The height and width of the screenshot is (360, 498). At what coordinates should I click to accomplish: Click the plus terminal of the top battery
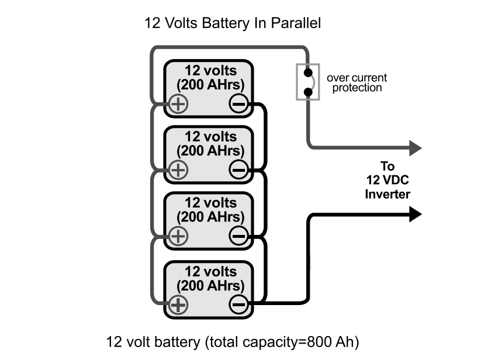coord(178,104)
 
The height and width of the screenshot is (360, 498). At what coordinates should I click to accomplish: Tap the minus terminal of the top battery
coord(238,104)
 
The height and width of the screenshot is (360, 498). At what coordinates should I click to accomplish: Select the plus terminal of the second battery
coord(178,170)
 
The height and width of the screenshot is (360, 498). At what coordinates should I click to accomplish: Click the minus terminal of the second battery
coord(238,170)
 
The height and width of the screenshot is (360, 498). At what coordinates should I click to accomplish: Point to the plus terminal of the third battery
coord(178,236)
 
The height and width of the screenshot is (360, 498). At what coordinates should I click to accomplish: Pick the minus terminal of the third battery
coord(238,236)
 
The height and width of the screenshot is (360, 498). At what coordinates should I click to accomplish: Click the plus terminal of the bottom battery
coord(178,304)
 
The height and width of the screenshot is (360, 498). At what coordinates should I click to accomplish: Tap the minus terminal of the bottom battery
coord(238,304)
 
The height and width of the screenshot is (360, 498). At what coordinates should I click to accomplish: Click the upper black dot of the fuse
coord(307,73)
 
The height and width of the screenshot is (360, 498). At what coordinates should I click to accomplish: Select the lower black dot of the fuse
coord(307,92)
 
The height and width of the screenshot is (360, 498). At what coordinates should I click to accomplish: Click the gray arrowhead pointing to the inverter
coord(415,147)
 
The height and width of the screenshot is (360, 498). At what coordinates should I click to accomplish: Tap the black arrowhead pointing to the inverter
coord(415,214)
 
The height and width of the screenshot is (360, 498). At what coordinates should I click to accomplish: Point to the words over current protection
coord(357,82)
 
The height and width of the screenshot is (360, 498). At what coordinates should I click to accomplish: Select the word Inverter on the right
coord(388,194)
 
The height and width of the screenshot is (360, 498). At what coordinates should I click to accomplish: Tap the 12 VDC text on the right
coord(388,181)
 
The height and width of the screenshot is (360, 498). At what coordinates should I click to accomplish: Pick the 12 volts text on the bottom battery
coord(210,272)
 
